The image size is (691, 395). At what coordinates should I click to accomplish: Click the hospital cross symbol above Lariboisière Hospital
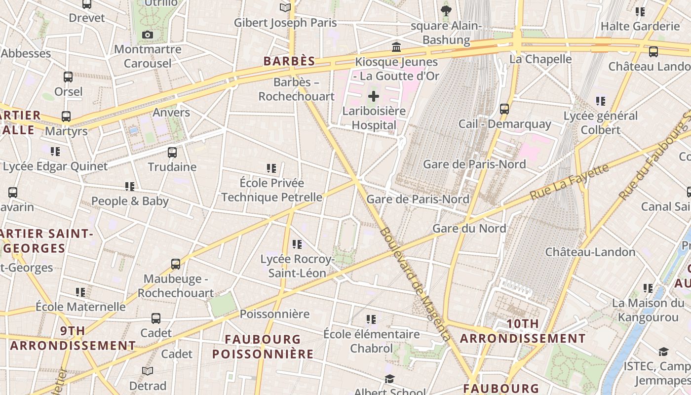tap(374, 96)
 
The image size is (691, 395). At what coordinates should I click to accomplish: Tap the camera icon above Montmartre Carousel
tap(147, 35)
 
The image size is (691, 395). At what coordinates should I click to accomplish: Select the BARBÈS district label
tap(289, 61)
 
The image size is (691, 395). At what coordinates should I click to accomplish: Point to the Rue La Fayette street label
tap(570, 182)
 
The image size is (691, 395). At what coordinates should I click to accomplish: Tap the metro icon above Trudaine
tap(172, 153)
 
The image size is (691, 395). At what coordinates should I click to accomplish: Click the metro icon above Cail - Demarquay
tap(504, 109)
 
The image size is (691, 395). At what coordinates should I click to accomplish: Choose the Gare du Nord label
tap(469, 228)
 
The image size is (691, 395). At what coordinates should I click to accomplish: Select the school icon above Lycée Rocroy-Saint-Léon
tap(297, 244)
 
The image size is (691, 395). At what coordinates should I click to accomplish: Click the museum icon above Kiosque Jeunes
tap(396, 47)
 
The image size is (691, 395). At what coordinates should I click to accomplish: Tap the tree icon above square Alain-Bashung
tap(446, 11)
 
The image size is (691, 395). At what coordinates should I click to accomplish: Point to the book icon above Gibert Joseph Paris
tap(285, 7)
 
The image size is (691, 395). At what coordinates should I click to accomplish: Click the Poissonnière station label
tap(274, 314)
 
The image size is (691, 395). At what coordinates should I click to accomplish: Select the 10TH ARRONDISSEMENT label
tap(523, 331)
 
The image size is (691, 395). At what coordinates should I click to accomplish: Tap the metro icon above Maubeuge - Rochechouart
tap(176, 264)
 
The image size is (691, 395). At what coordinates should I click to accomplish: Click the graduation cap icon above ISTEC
tap(663, 352)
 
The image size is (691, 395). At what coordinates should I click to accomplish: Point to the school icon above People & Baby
tap(130, 187)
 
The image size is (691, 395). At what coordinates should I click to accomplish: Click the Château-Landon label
tap(590, 252)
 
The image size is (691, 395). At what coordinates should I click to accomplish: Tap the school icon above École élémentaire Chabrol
tap(371, 319)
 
